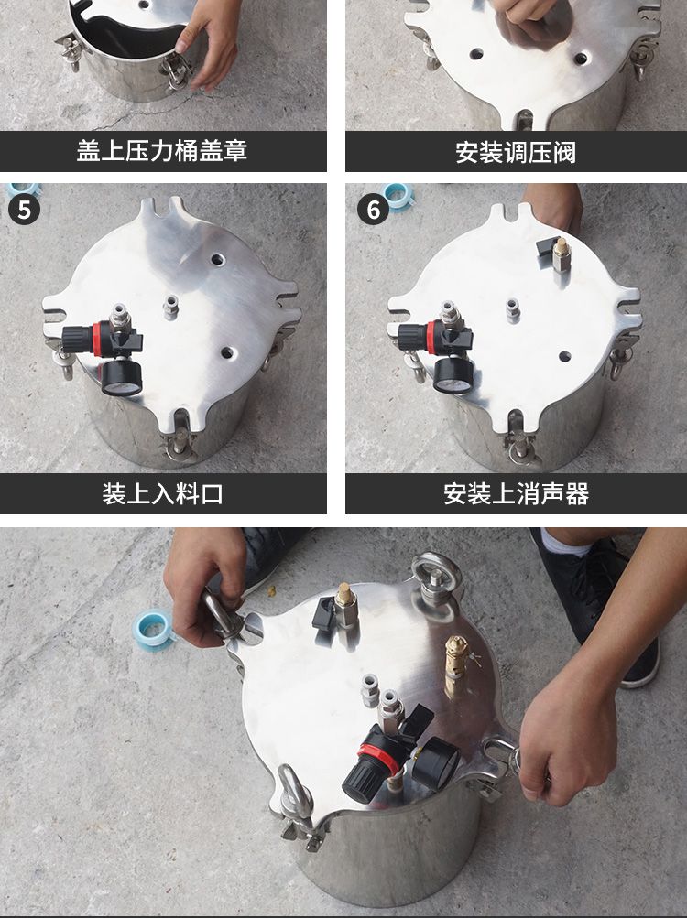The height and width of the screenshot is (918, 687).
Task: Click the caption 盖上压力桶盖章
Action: pyautogui.click(x=162, y=150)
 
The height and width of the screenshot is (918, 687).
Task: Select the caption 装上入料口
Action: pyautogui.click(x=162, y=494)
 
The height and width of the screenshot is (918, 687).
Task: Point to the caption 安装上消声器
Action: pyautogui.click(x=516, y=494)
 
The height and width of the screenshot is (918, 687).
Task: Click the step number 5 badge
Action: pyautogui.click(x=24, y=210)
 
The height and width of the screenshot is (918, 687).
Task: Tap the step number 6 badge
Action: pyautogui.click(x=374, y=210)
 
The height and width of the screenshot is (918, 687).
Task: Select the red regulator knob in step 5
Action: pyautogui.click(x=77, y=340)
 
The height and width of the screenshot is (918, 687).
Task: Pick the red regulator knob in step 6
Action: pyautogui.click(x=411, y=338)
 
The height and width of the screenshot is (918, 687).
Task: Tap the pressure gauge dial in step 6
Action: pyautogui.click(x=451, y=373)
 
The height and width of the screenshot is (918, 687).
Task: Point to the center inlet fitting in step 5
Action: pyautogui.click(x=170, y=306)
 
